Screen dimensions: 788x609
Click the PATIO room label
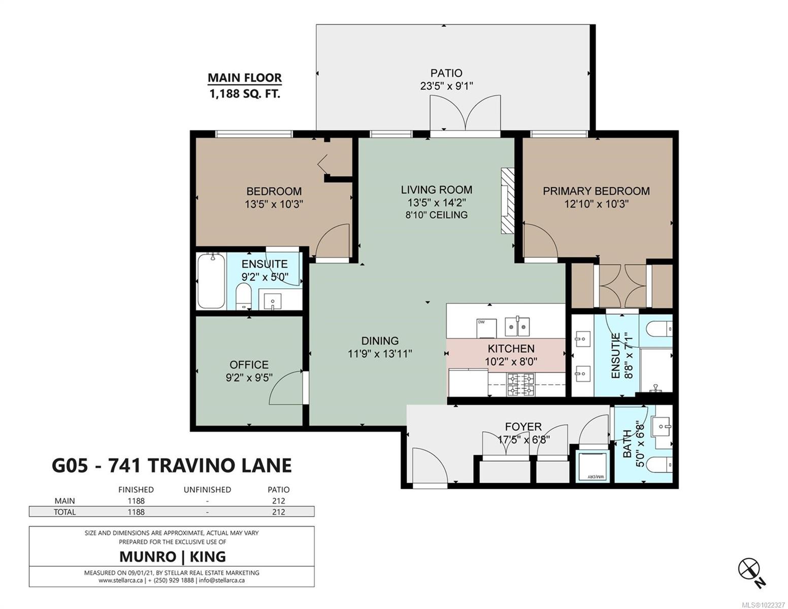pos(446,73)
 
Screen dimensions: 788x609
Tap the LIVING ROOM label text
pos(436,190)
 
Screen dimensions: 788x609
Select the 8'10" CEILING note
pos(436,215)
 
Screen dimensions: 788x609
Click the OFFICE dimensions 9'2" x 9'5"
pos(249,378)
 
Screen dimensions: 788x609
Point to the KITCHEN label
pos(511,349)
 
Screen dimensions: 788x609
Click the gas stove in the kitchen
pos(521,385)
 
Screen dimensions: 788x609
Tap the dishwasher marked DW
pos(486,328)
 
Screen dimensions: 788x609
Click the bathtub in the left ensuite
pos(211,281)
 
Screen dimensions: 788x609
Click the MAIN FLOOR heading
pos(245,78)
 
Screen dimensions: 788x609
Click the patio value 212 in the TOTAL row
pos(279,512)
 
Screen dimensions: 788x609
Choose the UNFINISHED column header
pos(207,490)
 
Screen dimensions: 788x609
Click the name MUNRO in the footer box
pos(148,556)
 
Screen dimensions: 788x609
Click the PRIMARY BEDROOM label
pos(596,191)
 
